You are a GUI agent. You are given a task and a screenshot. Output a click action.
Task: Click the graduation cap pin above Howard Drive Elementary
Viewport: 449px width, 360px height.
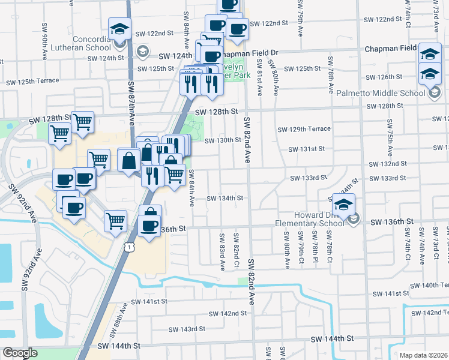tap(343, 205)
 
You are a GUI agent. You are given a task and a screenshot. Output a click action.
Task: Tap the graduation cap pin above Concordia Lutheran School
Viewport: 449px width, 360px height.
tap(119, 28)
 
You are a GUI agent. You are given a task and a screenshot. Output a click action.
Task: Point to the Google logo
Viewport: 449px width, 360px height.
tap(20, 353)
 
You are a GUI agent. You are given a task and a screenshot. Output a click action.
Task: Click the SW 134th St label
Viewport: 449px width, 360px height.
tap(225, 198)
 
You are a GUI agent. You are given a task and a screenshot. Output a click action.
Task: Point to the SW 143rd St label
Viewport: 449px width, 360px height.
tap(187, 329)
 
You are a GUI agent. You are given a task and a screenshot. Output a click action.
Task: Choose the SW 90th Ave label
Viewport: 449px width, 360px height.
tap(45, 37)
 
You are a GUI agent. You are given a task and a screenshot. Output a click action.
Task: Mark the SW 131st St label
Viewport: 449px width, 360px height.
tap(306, 149)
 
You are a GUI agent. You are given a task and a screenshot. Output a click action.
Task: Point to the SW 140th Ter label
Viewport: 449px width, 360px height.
tap(436, 285)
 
